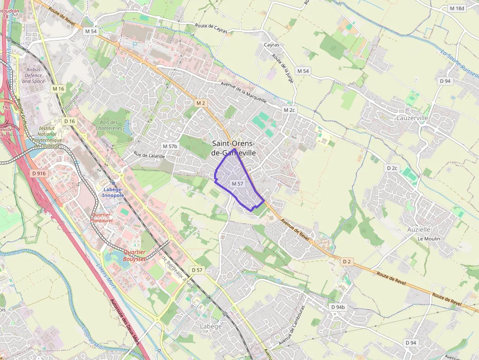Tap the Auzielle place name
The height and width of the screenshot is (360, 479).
[x=419, y=229]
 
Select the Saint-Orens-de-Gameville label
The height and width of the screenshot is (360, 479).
[x=234, y=148]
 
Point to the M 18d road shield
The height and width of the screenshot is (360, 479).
[x=457, y=8]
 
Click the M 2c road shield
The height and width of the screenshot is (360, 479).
[x=289, y=110]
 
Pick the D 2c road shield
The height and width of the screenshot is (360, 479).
[x=392, y=168]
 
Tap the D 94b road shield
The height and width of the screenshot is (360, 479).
[x=337, y=307]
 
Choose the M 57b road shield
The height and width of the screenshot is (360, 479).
[x=170, y=146]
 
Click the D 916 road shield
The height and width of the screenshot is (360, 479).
[x=38, y=173]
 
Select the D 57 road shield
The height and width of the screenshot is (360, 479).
[x=197, y=270]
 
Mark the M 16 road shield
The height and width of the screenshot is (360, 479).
[x=58, y=88]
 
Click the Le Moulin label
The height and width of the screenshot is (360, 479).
[x=429, y=239]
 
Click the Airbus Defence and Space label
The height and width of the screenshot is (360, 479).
[x=33, y=76]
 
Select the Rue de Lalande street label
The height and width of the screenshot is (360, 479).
[x=150, y=156]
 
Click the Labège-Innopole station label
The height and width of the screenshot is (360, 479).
[x=113, y=192]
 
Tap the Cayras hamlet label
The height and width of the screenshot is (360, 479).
[x=272, y=45]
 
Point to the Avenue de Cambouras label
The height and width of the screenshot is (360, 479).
[x=292, y=325]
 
